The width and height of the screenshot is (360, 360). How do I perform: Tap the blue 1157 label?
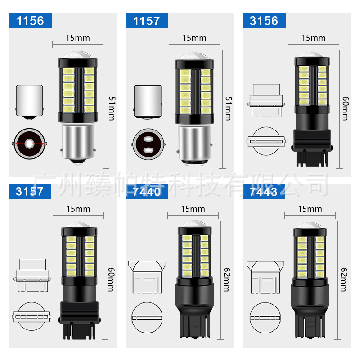pyautogui.click(x=147, y=21)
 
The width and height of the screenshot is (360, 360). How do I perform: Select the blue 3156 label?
pyautogui.click(x=264, y=21)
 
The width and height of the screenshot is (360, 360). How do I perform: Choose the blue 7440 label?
pyautogui.click(x=147, y=191)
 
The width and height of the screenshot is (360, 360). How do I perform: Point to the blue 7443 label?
pyautogui.click(x=264, y=191)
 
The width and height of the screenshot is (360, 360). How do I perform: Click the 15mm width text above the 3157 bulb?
pyautogui.click(x=78, y=209)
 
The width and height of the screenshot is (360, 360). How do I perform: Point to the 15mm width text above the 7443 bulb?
pyautogui.click(x=310, y=209)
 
